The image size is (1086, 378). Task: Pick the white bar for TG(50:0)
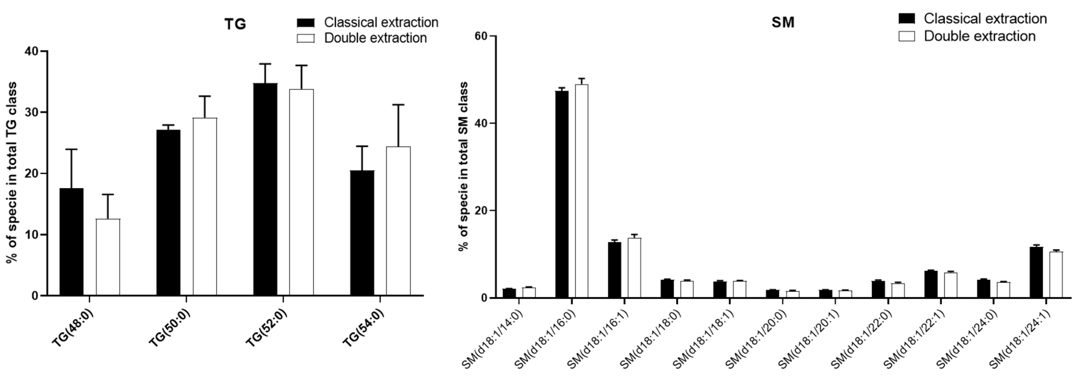(205, 206)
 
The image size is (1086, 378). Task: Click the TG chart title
(235, 24)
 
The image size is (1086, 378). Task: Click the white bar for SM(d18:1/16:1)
(634, 268)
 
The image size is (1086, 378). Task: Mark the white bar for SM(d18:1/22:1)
(950, 285)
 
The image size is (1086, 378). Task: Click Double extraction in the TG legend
(375, 38)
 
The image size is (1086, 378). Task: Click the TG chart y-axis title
(12, 173)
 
